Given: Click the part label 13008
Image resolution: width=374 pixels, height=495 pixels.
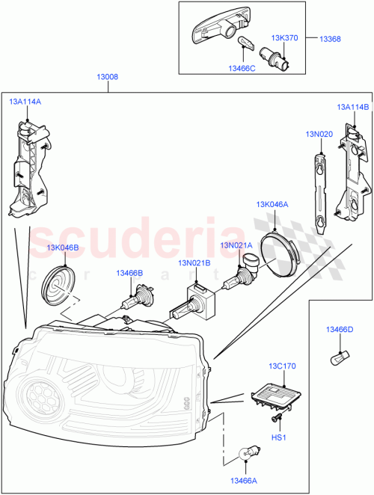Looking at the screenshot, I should click(107, 76).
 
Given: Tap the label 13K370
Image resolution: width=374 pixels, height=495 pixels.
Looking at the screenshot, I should click(284, 37).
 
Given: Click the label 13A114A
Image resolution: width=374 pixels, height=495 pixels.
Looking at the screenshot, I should click(25, 101).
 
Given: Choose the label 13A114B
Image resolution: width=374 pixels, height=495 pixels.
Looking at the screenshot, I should click(354, 107).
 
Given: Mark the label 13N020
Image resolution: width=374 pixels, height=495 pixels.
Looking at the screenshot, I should click(318, 134).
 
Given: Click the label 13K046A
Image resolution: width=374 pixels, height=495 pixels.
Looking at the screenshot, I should click(272, 204).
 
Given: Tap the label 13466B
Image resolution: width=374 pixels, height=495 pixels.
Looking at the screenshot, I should click(129, 274).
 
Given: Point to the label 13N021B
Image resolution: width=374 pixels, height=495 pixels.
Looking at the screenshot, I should click(193, 263).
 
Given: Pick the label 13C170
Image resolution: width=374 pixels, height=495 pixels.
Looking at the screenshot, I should click(283, 366).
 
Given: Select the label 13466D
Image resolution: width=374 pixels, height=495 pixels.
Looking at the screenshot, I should click(339, 329).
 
